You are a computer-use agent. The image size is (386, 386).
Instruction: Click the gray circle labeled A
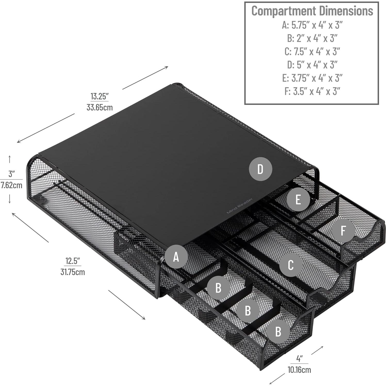(176, 257)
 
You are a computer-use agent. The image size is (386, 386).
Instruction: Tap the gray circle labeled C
(291, 265)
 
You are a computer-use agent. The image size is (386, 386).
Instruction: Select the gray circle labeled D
(260, 169)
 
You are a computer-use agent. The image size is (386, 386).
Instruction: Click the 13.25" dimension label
(100, 96)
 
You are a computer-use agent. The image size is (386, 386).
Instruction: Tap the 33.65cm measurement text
(100, 107)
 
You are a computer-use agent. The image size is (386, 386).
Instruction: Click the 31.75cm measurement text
(73, 272)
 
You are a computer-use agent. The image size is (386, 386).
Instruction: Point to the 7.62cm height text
(11, 185)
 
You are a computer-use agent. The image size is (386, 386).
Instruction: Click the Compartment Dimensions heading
(312, 11)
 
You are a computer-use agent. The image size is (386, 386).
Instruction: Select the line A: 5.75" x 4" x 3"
(312, 25)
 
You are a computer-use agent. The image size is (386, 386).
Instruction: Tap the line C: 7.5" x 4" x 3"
(312, 51)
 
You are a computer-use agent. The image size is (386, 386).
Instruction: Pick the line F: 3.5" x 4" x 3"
(312, 91)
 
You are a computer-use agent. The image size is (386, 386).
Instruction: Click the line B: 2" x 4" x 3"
(312, 38)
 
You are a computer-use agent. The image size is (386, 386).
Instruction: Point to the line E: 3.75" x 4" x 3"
(312, 78)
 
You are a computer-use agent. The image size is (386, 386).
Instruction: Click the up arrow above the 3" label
(10, 159)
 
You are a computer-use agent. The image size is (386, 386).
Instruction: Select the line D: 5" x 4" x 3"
(312, 64)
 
